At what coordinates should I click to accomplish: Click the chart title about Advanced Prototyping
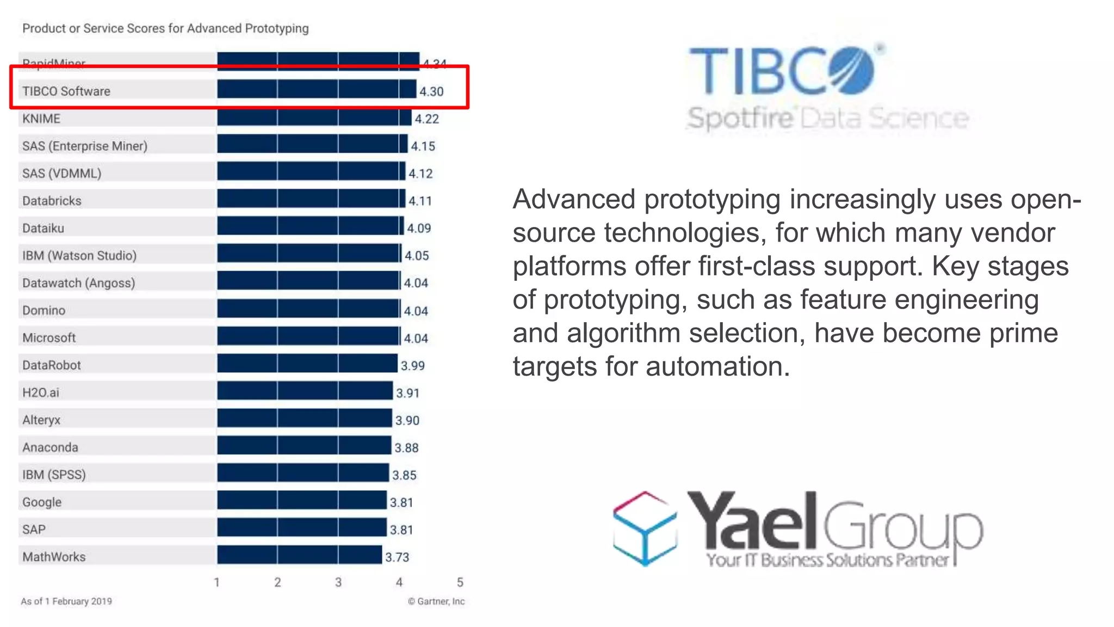(165, 28)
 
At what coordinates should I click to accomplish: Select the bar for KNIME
(314, 118)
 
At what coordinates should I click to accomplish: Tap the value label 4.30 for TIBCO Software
(431, 91)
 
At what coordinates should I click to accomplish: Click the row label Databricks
(52, 201)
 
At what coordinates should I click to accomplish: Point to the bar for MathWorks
(299, 555)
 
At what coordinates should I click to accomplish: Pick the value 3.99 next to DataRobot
(412, 366)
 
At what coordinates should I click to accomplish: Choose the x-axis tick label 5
(460, 582)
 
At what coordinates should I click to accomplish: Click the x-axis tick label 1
(216, 582)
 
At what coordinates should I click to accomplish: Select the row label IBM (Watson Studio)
(79, 255)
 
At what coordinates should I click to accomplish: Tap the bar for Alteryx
(304, 419)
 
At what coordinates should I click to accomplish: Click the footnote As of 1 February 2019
(66, 601)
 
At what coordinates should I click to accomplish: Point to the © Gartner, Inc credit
(436, 601)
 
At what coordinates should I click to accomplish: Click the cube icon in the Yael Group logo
(645, 528)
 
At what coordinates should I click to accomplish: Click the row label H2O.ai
(41, 392)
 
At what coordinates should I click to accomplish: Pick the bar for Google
(301, 500)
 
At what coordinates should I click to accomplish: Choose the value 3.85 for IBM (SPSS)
(404, 475)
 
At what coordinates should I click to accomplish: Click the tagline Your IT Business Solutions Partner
(827, 560)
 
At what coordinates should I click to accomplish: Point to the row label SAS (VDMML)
(62, 174)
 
